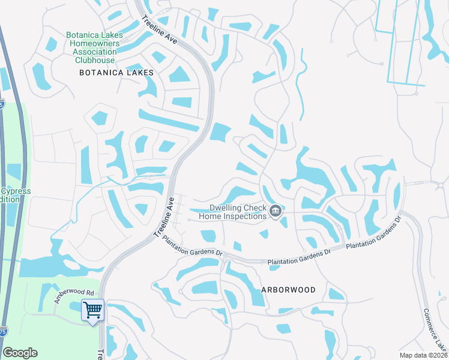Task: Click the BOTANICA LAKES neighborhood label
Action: click(116, 73)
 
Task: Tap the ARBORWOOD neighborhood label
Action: click(288, 289)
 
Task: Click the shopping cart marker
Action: click(92, 310)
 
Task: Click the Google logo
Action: click(20, 353)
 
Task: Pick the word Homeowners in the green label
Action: click(95, 44)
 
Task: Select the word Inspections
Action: click(244, 216)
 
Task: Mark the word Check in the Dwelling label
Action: click(254, 208)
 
